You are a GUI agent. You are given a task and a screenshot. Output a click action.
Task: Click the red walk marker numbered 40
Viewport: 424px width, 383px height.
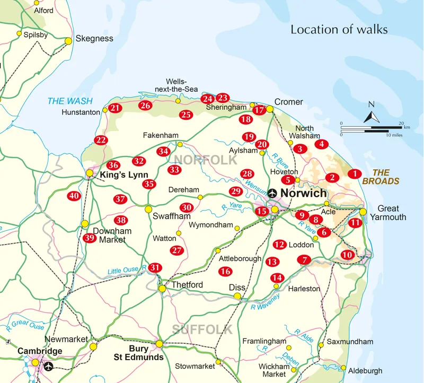[74, 196]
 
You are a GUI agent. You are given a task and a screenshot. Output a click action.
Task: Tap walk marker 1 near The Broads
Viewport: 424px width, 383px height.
[355, 173]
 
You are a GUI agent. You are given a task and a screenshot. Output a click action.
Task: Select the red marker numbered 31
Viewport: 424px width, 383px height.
[154, 267]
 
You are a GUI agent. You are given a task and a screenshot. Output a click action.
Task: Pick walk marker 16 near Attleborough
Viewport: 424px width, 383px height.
[225, 271]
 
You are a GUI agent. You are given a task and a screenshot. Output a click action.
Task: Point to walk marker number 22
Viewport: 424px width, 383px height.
[101, 140]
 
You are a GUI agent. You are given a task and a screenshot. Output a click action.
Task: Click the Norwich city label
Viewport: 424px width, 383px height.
[303, 193]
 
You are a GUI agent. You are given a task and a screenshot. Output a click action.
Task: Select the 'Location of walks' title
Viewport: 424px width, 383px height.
[339, 30]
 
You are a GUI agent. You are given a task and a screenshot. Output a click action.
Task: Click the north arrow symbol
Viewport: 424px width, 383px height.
[372, 114]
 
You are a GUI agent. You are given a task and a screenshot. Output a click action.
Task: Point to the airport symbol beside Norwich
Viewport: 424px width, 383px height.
[272, 193]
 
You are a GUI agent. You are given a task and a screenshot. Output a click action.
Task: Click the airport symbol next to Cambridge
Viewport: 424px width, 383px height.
[49, 366]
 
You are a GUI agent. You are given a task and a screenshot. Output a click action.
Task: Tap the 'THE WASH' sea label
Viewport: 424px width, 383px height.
[70, 101]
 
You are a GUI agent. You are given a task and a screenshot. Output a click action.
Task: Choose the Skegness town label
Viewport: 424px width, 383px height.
[94, 38]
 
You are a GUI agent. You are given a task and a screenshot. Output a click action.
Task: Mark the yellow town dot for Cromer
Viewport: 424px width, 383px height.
[269, 109]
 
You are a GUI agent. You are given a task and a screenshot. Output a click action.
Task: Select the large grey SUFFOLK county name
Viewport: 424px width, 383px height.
[202, 329]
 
